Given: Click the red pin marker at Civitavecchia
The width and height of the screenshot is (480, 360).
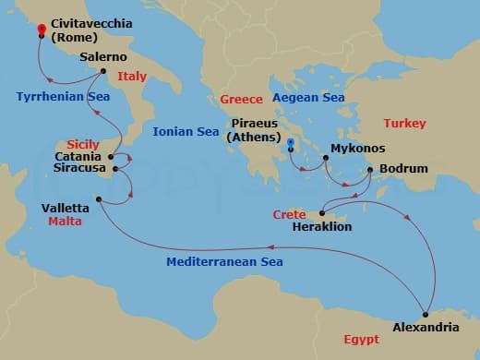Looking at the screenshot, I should click(42, 30).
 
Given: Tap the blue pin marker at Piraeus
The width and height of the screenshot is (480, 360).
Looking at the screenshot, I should click(291, 143).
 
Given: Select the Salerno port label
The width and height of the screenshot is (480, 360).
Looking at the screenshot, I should click(103, 56).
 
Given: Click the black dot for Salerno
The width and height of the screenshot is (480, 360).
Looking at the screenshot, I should click(102, 71).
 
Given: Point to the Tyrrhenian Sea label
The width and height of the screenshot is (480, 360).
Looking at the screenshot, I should click(63, 96).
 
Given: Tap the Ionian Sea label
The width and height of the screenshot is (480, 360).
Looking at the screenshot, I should click(186, 131).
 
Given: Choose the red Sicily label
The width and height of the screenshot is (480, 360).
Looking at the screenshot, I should click(83, 144).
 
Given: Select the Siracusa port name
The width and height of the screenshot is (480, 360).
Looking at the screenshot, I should click(78, 169).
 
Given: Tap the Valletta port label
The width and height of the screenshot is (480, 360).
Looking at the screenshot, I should click(66, 208).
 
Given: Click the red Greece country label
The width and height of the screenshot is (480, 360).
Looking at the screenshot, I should click(242, 99).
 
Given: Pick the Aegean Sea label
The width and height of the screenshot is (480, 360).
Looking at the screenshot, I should click(306, 97).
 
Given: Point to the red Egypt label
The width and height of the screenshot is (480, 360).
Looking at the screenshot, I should click(360, 340).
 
